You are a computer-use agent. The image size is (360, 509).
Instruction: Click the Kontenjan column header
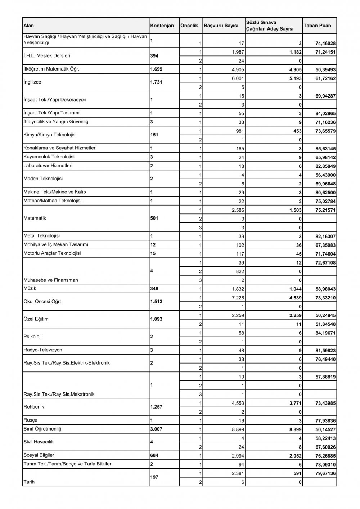pyautogui.click(x=162, y=26)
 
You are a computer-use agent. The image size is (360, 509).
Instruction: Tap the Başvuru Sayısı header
pyautogui.click(x=221, y=26)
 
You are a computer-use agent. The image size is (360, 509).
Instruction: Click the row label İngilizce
pyautogui.click(x=32, y=82)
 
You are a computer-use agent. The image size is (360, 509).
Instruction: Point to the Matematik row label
pyautogui.click(x=35, y=218)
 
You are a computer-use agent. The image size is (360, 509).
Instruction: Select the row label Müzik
pyautogui.click(x=30, y=288)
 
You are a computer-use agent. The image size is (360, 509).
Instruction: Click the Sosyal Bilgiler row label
pyautogui.click(x=39, y=455)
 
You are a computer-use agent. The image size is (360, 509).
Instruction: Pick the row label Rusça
pyautogui.click(x=30, y=420)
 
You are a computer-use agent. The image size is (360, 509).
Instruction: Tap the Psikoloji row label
pyautogui.click(x=32, y=337)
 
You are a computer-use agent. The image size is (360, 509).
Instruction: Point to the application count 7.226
pyautogui.click(x=238, y=298)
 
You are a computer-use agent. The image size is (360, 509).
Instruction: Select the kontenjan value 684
pyautogui.click(x=154, y=455)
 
